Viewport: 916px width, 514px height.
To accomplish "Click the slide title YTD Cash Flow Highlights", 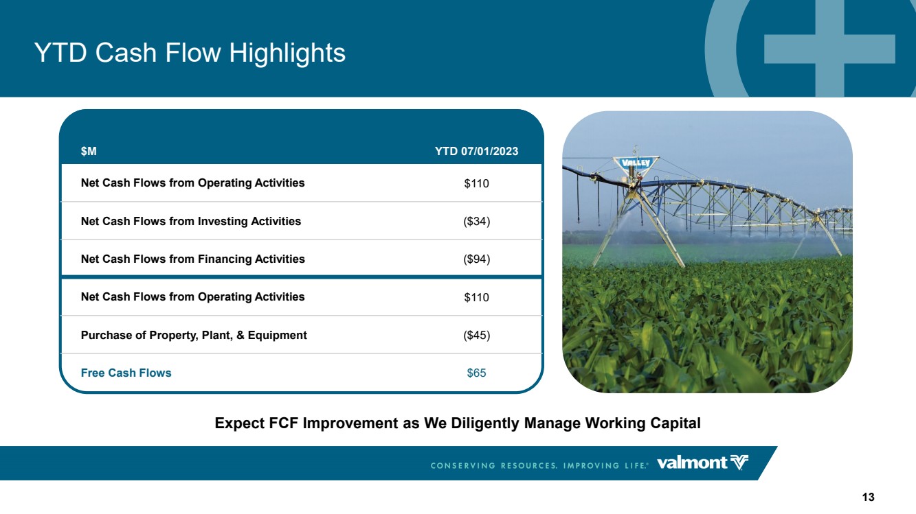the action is coord(190,53).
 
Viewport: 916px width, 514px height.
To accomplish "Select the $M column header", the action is coord(89,152).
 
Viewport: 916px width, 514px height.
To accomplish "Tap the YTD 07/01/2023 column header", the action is coord(476,152).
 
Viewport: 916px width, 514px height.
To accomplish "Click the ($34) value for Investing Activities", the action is coord(476,221).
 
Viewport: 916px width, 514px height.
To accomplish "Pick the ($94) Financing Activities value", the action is coord(476,259).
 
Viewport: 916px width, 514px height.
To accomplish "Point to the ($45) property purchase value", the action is coord(476,335).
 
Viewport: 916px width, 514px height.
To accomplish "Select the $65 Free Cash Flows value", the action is coord(476,373).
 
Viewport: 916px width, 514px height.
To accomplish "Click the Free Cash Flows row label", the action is coord(126,373).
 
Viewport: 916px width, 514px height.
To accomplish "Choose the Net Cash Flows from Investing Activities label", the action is coord(191,221).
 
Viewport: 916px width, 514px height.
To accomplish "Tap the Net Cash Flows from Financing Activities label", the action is coord(193,259).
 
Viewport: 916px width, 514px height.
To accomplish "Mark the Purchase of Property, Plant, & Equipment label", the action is coord(194,335).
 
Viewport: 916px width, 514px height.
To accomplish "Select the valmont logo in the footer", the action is coord(702,463).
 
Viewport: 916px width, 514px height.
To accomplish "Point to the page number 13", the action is coord(868,497).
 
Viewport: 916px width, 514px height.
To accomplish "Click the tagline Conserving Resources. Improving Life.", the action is coord(539,465).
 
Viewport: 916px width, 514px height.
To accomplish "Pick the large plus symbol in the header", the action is coord(829,48).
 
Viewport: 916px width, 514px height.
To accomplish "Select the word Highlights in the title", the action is coord(287,53).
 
